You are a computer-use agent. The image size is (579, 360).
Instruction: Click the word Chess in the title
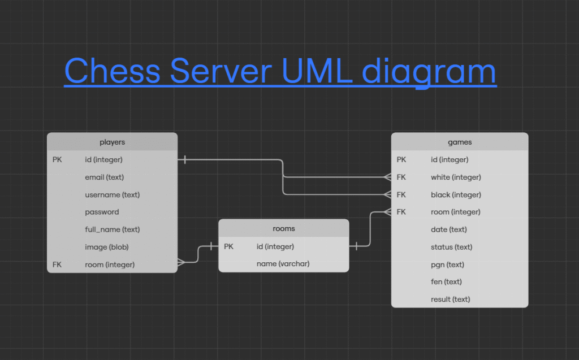coord(113,71)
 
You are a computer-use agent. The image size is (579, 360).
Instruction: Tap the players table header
coord(113,142)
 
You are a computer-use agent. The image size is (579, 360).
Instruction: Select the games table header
coord(460,142)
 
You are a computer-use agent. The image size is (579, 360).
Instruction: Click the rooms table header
coord(284,228)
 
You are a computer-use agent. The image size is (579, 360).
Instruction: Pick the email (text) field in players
coord(104,177)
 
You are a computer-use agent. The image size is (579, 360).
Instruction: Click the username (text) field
coord(113,194)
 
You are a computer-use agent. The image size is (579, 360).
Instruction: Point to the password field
coord(102,212)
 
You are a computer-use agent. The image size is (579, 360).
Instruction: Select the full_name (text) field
coord(113,229)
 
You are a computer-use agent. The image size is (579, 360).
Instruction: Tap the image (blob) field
coord(107,247)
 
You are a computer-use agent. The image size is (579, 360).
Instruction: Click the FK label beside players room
coord(57,264)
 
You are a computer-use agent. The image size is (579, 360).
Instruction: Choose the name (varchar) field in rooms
coord(283,263)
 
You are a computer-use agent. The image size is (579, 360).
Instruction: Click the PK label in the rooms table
coord(228,246)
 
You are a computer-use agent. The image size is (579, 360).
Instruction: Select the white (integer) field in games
coord(456,177)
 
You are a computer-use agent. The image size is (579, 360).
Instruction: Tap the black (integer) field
coord(456,194)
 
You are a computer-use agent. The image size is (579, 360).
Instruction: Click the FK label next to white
coord(401,177)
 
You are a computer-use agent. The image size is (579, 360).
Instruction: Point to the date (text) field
coord(448,229)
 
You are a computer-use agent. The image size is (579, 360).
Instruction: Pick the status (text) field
coord(451,247)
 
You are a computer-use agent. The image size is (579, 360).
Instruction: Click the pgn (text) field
coord(447,264)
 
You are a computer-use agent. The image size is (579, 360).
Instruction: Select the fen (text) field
coord(446,281)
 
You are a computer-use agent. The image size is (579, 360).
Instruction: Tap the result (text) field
coord(450,299)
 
